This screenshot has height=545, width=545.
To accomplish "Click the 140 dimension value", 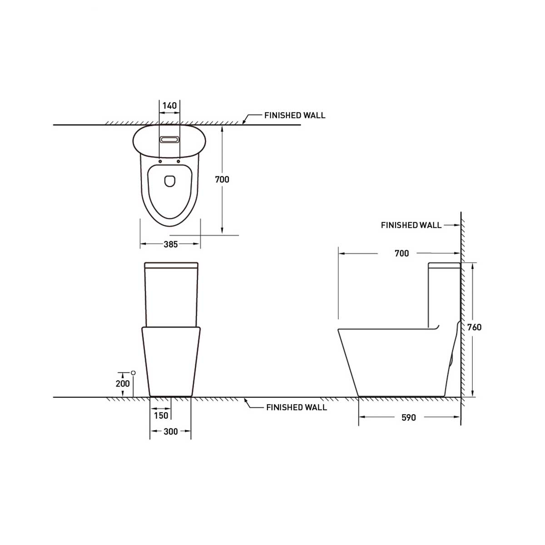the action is (x=169, y=105).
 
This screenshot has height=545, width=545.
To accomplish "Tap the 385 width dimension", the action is (x=171, y=244).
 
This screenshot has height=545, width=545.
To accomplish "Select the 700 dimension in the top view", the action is (x=222, y=179).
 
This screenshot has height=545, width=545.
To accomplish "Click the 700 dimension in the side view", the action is (x=401, y=253).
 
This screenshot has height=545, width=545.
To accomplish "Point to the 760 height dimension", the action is (x=474, y=327).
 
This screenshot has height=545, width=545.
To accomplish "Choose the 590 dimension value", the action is (x=409, y=418).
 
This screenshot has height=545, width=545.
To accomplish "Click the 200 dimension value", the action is (x=123, y=384).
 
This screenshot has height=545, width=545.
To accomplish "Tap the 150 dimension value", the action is (x=161, y=416).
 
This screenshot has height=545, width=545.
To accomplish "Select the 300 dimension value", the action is (x=171, y=431).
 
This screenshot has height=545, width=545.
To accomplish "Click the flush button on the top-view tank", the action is (x=169, y=139).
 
